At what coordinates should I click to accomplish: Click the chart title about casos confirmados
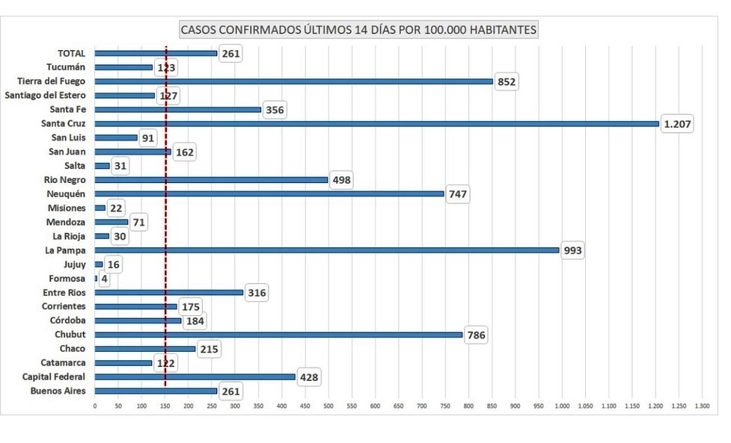(x=358, y=30)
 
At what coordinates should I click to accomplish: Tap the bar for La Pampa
(x=327, y=250)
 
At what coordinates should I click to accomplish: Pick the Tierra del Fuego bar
(x=293, y=81)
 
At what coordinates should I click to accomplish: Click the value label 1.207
(x=678, y=124)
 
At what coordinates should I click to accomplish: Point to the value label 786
(x=476, y=335)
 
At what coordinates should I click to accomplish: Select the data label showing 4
(x=104, y=279)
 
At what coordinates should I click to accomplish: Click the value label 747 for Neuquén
(x=457, y=194)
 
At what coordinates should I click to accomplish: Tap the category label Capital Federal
(x=54, y=377)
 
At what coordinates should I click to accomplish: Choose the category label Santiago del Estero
(x=45, y=96)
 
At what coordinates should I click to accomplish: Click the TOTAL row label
(x=72, y=53)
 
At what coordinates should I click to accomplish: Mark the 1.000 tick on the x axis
(x=563, y=406)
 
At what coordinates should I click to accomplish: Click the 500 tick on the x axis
(x=328, y=406)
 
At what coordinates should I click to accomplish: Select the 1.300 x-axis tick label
(x=703, y=406)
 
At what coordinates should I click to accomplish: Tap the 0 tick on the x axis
(x=95, y=406)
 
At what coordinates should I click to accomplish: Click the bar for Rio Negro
(x=211, y=180)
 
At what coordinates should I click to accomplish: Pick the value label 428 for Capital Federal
(x=308, y=377)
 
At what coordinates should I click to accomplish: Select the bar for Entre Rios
(x=169, y=292)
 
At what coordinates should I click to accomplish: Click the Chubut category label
(x=70, y=335)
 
